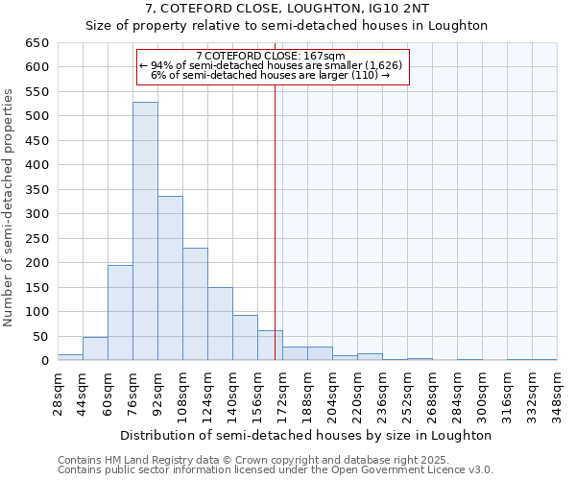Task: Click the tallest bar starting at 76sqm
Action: [145, 231]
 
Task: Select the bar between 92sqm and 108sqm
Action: [170, 278]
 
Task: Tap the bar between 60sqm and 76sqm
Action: [120, 313]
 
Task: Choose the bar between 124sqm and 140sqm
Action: [220, 324]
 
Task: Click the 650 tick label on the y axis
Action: [36, 43]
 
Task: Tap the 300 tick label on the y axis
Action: [36, 214]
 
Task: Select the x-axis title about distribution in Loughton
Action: [305, 435]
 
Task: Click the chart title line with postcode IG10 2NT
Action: [288, 9]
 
